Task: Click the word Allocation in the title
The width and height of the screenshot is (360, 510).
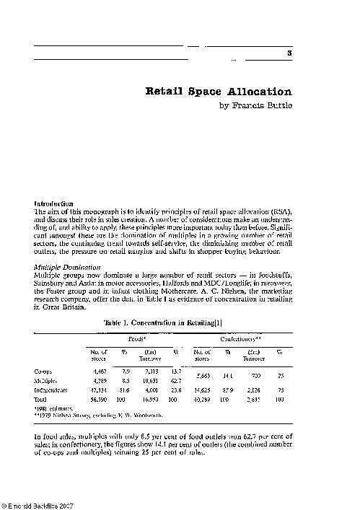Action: pyautogui.click(x=252, y=92)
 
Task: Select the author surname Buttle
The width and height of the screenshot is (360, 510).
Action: pyautogui.click(x=278, y=105)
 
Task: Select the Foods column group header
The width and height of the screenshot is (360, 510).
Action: pyautogui.click(x=138, y=317)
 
